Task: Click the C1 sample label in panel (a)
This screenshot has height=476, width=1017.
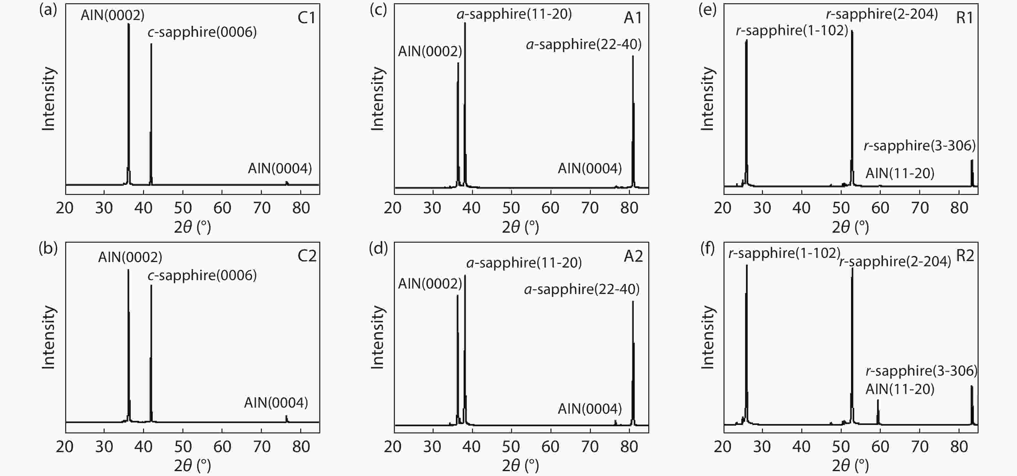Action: pyautogui.click(x=306, y=18)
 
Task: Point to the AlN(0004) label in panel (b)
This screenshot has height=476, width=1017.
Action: pyautogui.click(x=276, y=403)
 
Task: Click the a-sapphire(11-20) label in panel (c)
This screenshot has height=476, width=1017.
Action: pyautogui.click(x=514, y=14)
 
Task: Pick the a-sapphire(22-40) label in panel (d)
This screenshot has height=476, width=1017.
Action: pyautogui.click(x=581, y=289)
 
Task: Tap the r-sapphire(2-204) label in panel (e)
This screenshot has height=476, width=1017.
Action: pyautogui.click(x=882, y=14)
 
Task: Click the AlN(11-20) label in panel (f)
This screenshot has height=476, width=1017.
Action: pyautogui.click(x=900, y=390)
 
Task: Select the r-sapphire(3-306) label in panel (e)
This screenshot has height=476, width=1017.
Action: pyautogui.click(x=919, y=146)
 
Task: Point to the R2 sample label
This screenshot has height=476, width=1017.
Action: pyautogui.click(x=965, y=256)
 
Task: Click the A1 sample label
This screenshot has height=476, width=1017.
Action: pyautogui.click(x=633, y=18)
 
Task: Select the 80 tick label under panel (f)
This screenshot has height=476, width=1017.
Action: pyautogui.click(x=959, y=447)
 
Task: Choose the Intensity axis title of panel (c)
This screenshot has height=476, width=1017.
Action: pyautogui.click(x=377, y=99)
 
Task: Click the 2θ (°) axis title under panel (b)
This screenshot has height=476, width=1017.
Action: pyautogui.click(x=192, y=466)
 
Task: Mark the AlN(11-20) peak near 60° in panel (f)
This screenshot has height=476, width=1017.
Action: pyautogui.click(x=878, y=410)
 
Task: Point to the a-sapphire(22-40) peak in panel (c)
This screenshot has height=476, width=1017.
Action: pyautogui.click(x=633, y=118)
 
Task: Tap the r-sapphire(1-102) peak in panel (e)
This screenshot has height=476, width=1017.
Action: pyautogui.click(x=746, y=110)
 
